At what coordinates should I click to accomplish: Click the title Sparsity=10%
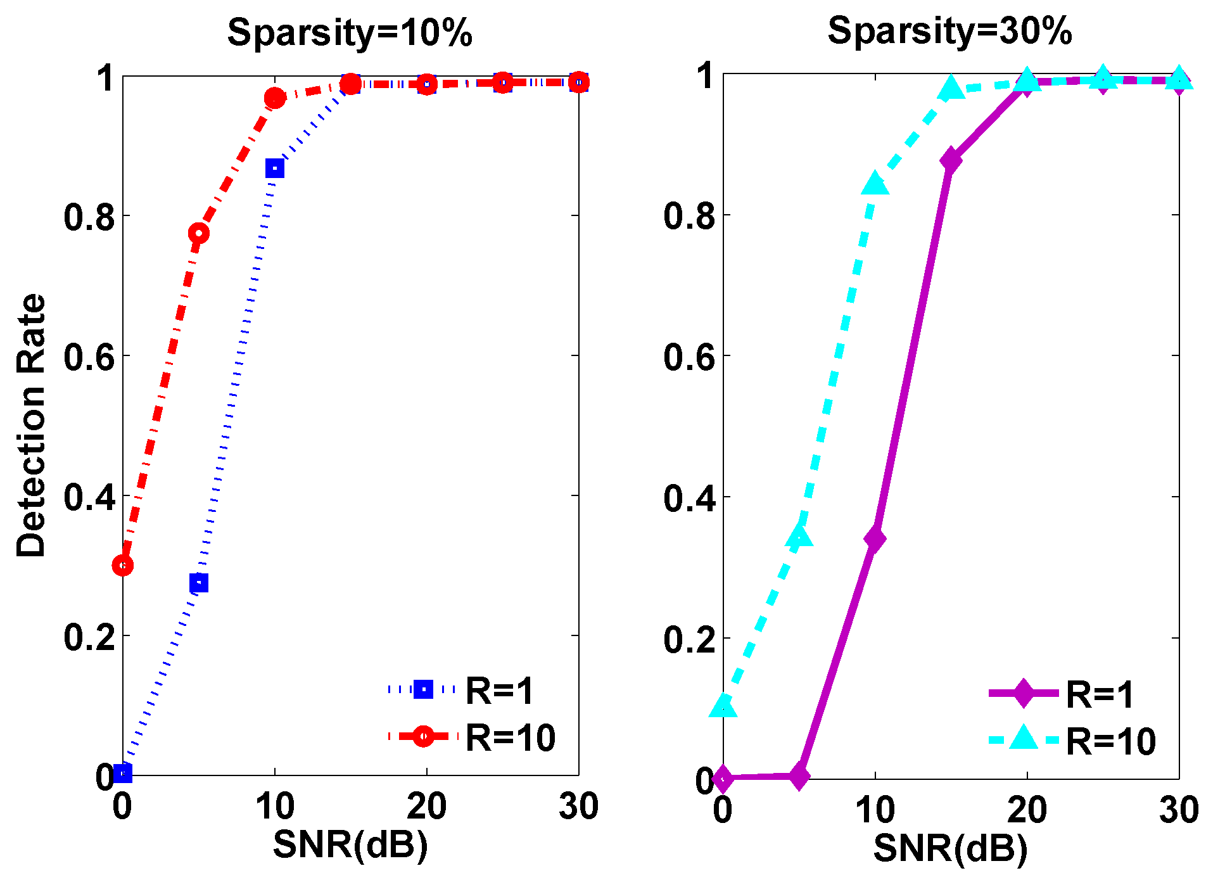click(350, 32)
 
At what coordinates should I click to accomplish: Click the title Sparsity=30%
click(949, 30)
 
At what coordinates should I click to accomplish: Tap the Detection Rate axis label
click(31, 426)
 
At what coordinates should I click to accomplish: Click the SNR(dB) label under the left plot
click(350, 845)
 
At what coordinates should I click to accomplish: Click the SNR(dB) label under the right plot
click(950, 848)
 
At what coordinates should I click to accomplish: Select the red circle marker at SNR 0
click(123, 564)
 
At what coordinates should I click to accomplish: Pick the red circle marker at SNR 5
click(199, 234)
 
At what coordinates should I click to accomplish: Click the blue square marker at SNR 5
click(199, 582)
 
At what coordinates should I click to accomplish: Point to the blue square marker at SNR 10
click(275, 169)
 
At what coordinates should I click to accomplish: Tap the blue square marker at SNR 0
click(123, 773)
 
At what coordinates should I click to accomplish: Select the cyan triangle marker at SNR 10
click(875, 184)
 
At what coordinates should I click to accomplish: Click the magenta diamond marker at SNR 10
click(875, 539)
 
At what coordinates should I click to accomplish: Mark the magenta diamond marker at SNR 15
click(951, 160)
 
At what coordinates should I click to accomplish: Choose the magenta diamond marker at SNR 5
click(799, 775)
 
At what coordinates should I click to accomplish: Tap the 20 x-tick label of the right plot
click(1027, 810)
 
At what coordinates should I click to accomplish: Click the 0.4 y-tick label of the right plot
click(689, 498)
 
